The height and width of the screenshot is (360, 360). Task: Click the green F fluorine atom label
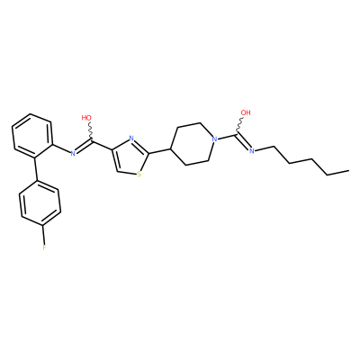click(x=44, y=247)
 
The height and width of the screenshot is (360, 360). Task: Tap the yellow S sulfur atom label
click(x=139, y=174)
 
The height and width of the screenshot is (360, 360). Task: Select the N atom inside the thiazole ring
click(x=131, y=139)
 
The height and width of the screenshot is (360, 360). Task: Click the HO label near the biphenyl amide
click(x=86, y=118)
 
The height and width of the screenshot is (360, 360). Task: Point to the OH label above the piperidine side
click(x=246, y=112)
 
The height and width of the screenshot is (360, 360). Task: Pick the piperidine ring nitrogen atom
click(x=214, y=139)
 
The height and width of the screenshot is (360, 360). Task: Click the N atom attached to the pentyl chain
click(x=252, y=150)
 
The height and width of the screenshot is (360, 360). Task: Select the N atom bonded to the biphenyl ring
click(x=73, y=154)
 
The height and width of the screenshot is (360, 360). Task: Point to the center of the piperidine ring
click(x=192, y=143)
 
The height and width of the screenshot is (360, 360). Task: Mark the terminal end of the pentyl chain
click(x=348, y=171)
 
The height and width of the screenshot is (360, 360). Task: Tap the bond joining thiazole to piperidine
click(x=160, y=151)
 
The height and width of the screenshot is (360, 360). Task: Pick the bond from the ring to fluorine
click(x=44, y=234)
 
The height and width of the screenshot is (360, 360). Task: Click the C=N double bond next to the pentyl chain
click(x=244, y=141)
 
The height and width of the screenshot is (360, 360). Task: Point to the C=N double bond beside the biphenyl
click(x=84, y=147)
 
